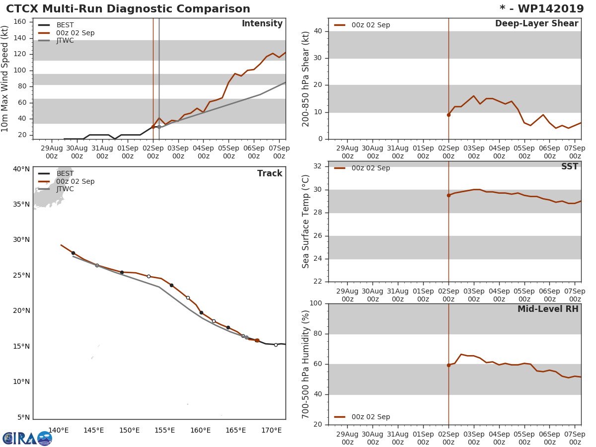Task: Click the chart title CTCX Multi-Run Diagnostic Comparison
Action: point(128,9)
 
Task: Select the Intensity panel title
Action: point(262,24)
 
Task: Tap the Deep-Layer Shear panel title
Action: point(536,24)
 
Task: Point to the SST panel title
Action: point(569,167)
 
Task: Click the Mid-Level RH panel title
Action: point(548,309)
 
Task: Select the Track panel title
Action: point(269,173)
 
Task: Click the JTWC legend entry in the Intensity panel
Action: point(65,41)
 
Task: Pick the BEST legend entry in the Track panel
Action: point(65,173)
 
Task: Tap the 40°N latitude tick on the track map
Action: point(21,169)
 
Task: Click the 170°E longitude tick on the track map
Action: point(272,430)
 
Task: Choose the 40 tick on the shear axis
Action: point(318,31)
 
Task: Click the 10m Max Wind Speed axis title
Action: point(5,78)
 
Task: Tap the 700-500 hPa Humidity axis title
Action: point(306,364)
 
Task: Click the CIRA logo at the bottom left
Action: point(27,438)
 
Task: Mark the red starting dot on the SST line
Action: point(448,195)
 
